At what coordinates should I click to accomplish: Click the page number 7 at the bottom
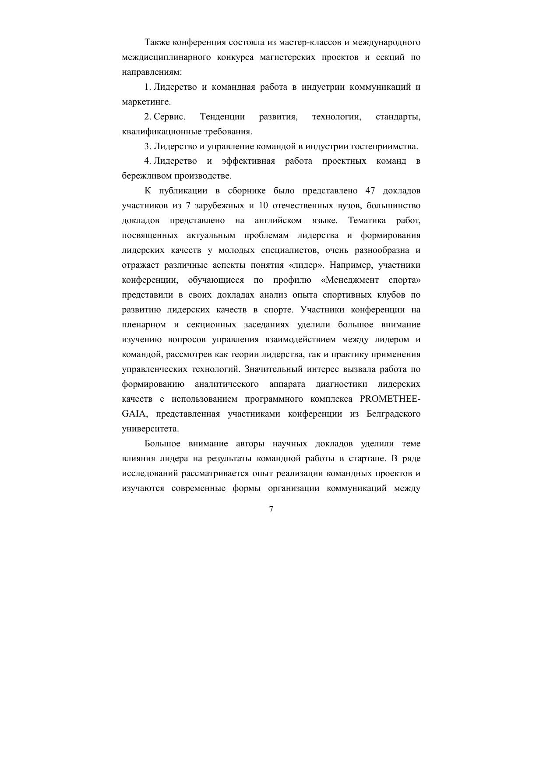(271, 509)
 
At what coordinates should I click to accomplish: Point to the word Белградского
(393, 414)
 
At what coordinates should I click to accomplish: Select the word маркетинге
(146, 102)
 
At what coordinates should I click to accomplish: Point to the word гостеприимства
(386, 146)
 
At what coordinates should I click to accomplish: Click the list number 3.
(148, 146)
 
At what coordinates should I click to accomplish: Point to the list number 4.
(148, 161)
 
